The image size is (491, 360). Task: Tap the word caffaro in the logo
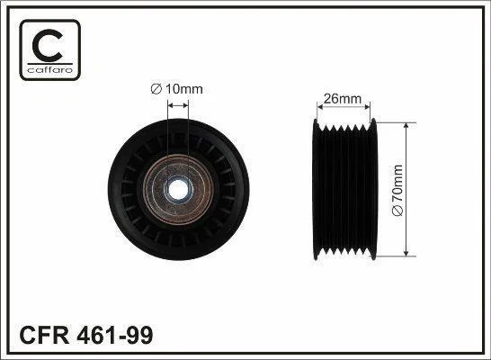pyautogui.click(x=50, y=69)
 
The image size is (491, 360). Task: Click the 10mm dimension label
pyautogui.click(x=183, y=89)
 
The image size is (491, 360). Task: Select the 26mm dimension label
pyautogui.click(x=343, y=99)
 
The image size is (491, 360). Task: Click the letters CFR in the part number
pyautogui.click(x=44, y=335)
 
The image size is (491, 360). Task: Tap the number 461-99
pyautogui.click(x=115, y=335)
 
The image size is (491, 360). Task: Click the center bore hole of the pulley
pyautogui.click(x=178, y=190)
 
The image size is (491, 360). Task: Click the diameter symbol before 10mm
pyautogui.click(x=156, y=89)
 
